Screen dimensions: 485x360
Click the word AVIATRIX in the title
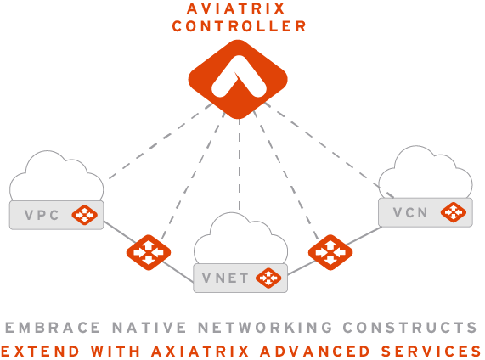coord(235,8)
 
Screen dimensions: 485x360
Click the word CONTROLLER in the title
coord(239,26)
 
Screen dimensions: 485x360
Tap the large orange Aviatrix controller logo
coord(238,79)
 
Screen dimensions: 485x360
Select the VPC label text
coord(42,216)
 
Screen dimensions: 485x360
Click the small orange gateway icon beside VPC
coord(84,215)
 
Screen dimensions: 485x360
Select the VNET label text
coord(225,278)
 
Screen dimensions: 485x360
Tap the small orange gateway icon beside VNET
coord(268,278)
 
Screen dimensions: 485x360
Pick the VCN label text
coord(410,212)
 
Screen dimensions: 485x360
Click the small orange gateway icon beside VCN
coord(454,212)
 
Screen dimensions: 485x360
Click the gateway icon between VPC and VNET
coord(149,252)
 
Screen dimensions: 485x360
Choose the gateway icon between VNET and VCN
coord(330,252)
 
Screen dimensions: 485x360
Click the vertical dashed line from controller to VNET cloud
coord(239,164)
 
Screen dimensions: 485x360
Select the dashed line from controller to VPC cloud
coord(161,141)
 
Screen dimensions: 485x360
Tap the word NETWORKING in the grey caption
coord(265,328)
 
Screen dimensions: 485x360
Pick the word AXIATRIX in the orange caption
coord(200,352)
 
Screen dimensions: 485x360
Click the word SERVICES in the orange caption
coord(431,352)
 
